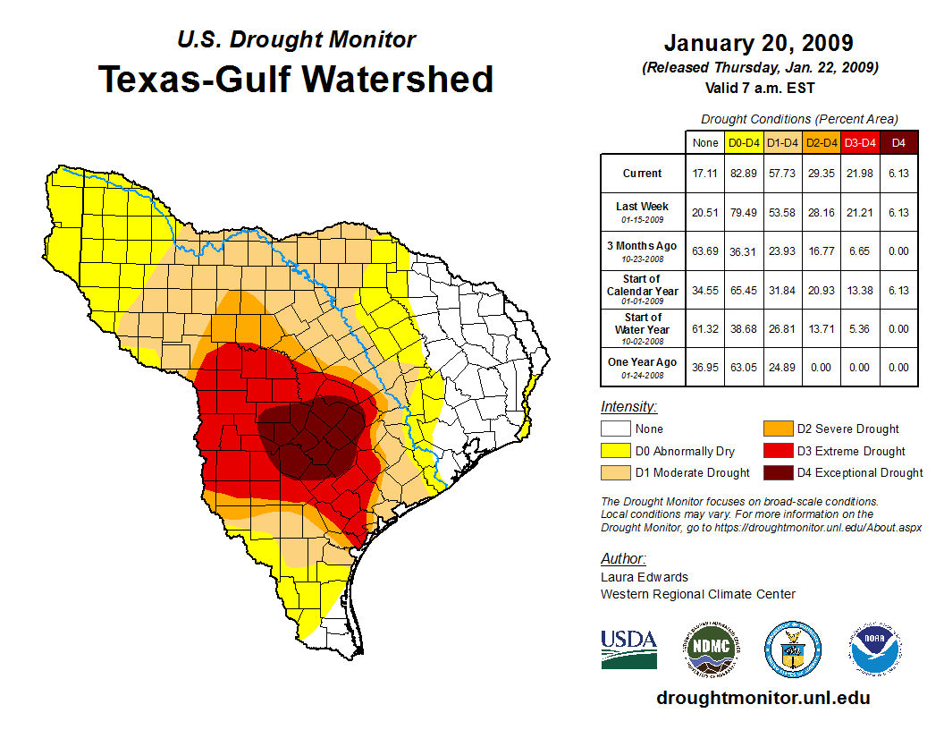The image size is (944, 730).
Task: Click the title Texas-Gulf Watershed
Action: [x=295, y=80]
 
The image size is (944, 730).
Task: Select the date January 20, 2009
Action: [x=758, y=43]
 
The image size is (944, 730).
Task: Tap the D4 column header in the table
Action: [x=898, y=142]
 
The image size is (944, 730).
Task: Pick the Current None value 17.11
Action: [x=704, y=174]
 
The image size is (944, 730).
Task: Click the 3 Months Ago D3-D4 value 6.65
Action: [x=859, y=253]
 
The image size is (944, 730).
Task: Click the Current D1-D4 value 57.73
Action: [x=782, y=174]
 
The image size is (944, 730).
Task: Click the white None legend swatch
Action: [x=614, y=429]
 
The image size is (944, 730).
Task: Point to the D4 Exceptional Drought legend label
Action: [x=860, y=472]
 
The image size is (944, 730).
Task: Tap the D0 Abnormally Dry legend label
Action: [x=685, y=451]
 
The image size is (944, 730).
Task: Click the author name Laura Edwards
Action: [x=645, y=577]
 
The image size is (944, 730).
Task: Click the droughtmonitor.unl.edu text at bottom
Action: [x=763, y=698]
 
